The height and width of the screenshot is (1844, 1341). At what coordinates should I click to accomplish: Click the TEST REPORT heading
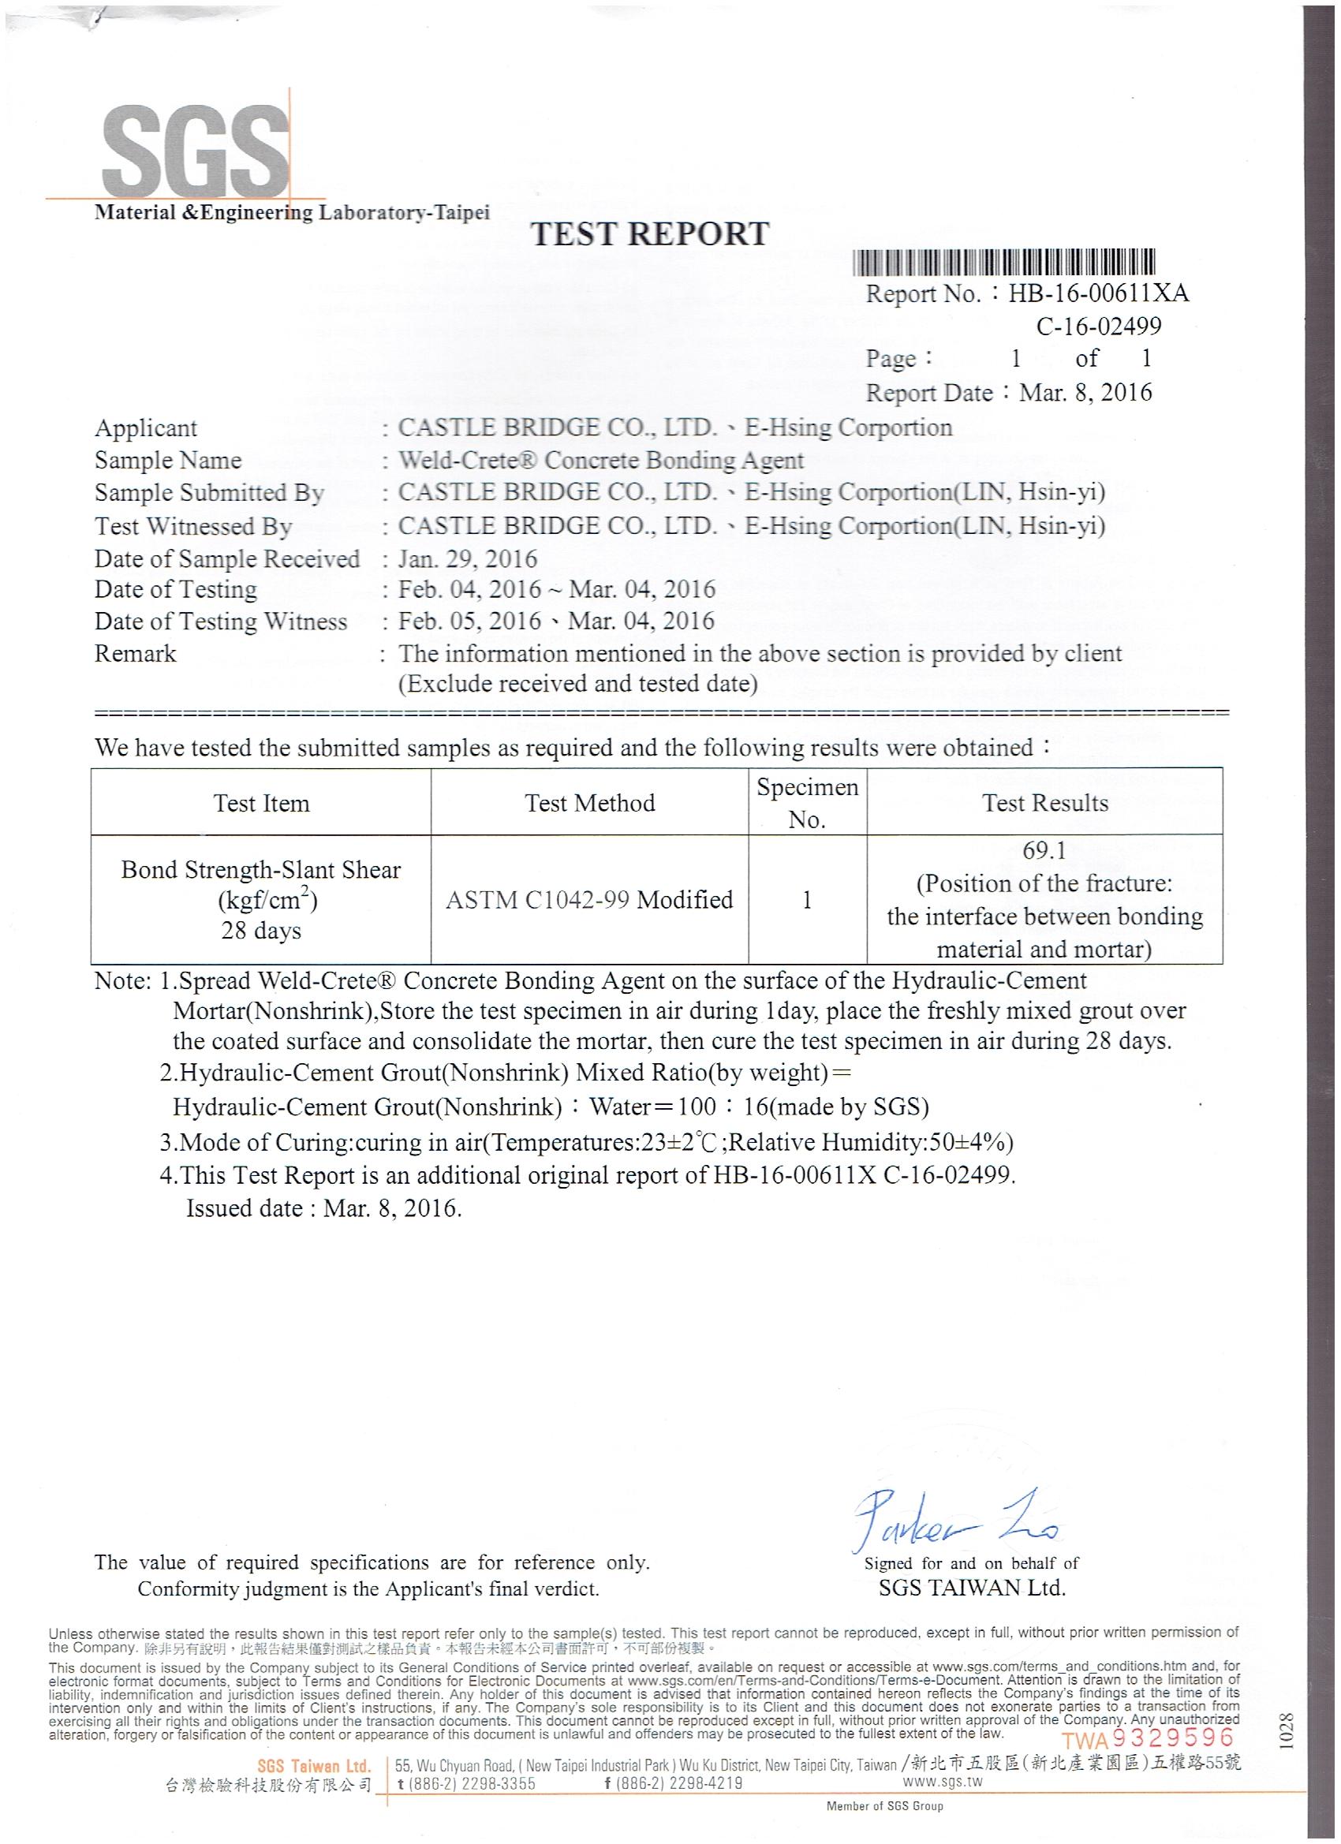(650, 234)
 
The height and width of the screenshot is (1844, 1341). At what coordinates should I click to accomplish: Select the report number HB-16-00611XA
(1098, 293)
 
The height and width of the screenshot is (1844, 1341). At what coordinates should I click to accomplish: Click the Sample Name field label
(168, 460)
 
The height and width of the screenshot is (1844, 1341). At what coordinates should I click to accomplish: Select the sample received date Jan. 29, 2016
(468, 558)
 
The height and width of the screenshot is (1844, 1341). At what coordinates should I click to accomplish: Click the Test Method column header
(589, 803)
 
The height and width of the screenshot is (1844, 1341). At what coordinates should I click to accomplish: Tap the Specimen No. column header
(808, 802)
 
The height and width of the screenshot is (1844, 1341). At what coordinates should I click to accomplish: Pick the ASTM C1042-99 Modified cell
(589, 900)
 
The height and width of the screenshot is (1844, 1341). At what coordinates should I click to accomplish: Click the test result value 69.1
(1044, 851)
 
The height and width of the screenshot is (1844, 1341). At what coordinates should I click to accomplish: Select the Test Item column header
(261, 803)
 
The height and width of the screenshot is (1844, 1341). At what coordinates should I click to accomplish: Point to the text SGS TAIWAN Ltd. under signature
(972, 1587)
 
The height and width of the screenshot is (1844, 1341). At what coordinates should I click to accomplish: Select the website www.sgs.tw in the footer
(943, 1782)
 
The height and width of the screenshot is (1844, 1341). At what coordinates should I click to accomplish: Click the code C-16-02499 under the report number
(1099, 327)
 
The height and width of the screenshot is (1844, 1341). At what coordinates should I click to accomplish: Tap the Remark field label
(135, 654)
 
